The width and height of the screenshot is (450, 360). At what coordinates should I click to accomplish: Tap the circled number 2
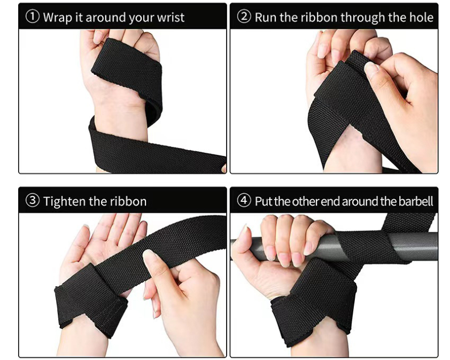coord(244,17)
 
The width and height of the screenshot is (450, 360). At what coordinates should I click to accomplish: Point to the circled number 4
coord(244,201)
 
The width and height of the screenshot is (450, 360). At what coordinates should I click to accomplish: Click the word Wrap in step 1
coord(57,17)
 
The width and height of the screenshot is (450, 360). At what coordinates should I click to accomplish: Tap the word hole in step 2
coord(421,17)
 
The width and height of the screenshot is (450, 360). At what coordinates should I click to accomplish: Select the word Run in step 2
coord(266,17)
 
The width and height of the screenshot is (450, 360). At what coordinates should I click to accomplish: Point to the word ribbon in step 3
coord(128,201)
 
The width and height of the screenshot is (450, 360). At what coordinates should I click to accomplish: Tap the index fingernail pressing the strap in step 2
coord(371,68)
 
